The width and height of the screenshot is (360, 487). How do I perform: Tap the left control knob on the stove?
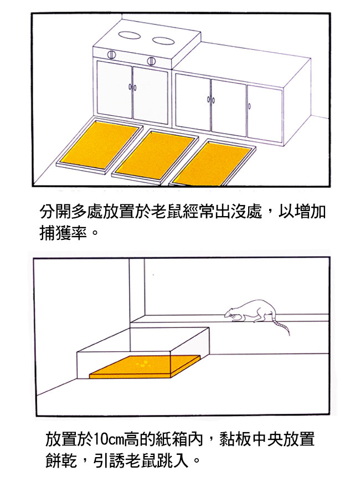click(111, 54)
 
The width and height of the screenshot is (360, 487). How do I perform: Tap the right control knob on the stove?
click(151, 61)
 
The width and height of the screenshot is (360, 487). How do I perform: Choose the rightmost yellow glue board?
click(211, 163)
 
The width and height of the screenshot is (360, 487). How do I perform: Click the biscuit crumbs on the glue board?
click(142, 363)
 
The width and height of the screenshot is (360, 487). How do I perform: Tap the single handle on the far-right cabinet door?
click(250, 106)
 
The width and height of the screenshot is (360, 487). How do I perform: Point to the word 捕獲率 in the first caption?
click(64, 233)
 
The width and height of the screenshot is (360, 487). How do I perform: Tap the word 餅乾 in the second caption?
click(61, 460)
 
